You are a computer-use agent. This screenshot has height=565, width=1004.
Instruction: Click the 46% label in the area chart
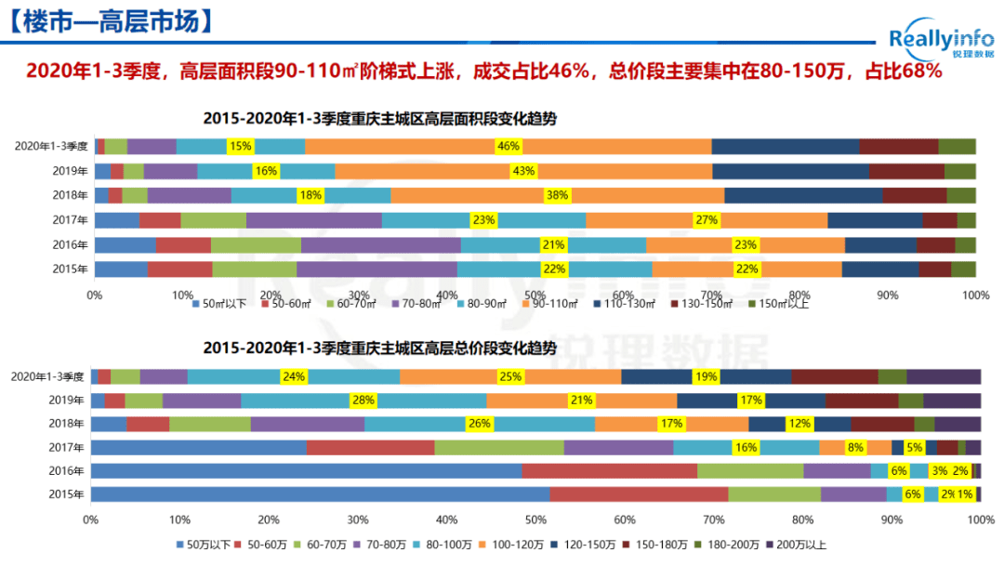click(509, 146)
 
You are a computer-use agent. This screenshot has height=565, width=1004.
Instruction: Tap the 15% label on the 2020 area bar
click(240, 146)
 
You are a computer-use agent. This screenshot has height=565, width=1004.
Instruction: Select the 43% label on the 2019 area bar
click(523, 171)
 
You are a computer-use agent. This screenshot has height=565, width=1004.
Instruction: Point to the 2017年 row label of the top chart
click(73, 220)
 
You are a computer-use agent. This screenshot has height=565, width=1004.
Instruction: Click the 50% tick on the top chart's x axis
click(535, 295)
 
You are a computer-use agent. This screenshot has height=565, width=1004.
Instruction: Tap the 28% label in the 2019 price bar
click(363, 401)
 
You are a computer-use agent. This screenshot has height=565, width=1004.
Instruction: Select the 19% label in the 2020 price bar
click(706, 376)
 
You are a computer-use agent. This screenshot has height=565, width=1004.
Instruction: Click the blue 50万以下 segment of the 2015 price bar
click(320, 494)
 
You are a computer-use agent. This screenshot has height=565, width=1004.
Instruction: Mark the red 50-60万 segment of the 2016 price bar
click(609, 471)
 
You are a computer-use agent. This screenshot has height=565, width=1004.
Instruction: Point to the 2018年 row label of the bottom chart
click(68, 424)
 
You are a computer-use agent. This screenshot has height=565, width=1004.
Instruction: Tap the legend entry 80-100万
click(469, 545)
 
